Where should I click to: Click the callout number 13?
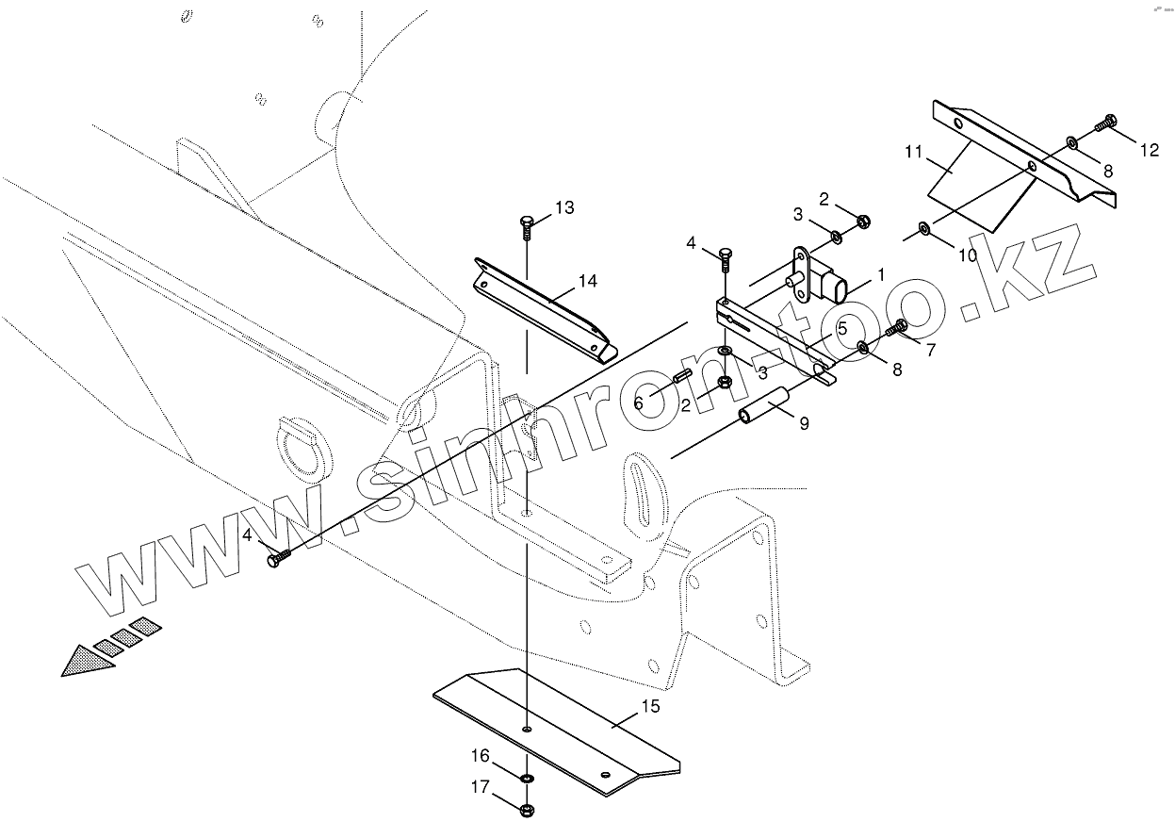[x=564, y=207]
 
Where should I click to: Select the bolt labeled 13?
[x=527, y=224]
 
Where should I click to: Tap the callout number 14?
[x=588, y=281]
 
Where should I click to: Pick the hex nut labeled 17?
[x=527, y=809]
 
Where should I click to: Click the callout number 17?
[x=481, y=787]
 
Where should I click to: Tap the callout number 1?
[x=880, y=274]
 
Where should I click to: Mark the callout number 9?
[x=804, y=424]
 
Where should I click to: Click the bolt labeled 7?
[x=897, y=327]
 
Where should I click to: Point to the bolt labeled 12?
[x=1106, y=122]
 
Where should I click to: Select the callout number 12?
[x=1150, y=150]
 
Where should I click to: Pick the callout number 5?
[x=841, y=328]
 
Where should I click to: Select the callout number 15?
[x=650, y=705]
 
